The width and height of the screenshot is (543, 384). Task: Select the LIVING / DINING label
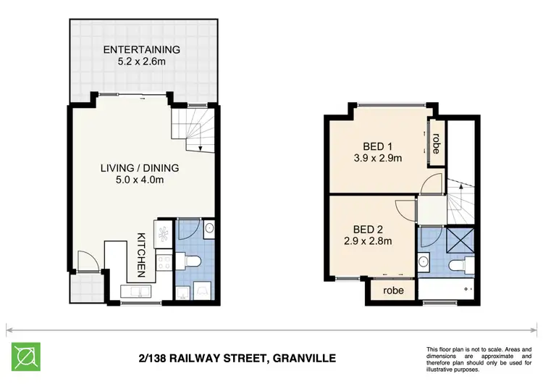[140, 168]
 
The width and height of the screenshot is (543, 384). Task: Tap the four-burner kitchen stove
[163, 267]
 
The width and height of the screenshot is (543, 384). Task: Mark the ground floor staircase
[194, 128]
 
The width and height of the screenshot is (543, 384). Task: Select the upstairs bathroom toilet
[458, 266]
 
